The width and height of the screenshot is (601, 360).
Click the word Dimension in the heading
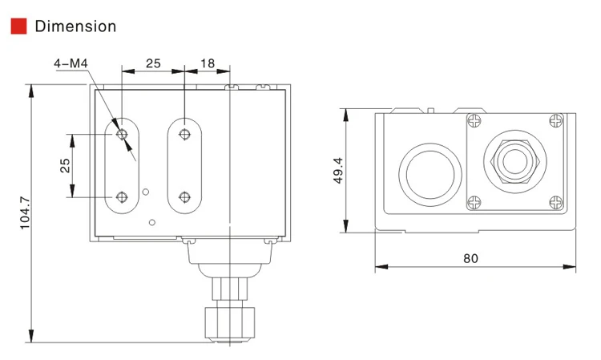click(x=75, y=26)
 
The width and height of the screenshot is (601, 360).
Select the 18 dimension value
click(x=207, y=63)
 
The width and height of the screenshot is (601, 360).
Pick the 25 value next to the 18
click(x=152, y=63)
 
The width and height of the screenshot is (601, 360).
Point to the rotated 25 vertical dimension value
click(x=65, y=165)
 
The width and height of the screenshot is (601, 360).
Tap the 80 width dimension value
click(x=470, y=258)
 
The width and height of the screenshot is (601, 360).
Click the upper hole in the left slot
click(x=122, y=134)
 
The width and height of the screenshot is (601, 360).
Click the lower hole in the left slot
click(x=122, y=196)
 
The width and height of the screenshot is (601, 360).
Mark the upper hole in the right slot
click(x=185, y=134)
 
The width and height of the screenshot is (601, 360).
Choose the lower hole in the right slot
click(x=185, y=196)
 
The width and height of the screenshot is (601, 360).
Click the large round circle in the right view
click(x=430, y=170)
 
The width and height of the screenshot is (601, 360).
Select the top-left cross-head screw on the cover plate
click(x=474, y=121)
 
